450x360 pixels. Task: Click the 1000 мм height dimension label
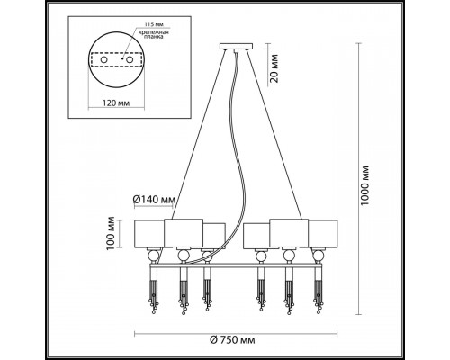tap(365, 185)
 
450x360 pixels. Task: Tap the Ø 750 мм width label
tap(232, 340)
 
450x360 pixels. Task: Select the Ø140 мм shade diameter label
tap(154, 199)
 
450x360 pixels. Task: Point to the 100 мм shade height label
tap(111, 233)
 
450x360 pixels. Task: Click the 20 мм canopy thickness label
tap(273, 68)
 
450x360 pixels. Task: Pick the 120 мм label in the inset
tap(116, 103)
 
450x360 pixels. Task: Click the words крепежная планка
tap(153, 35)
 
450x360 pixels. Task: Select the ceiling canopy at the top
tap(236, 47)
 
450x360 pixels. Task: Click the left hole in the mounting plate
tap(103, 59)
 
